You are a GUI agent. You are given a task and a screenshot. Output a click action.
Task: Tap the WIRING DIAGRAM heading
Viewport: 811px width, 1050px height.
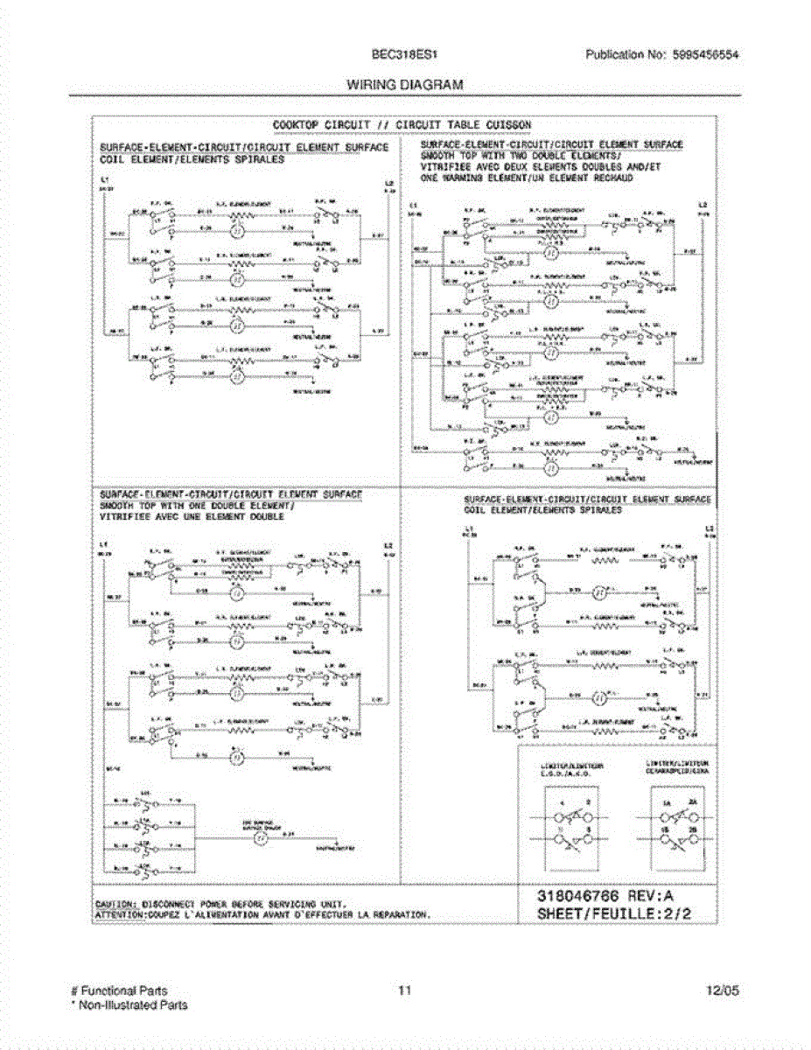404,85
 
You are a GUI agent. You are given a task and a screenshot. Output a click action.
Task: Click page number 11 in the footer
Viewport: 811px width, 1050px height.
404,990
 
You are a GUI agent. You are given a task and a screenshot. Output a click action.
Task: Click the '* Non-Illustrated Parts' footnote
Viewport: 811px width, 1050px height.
129,1005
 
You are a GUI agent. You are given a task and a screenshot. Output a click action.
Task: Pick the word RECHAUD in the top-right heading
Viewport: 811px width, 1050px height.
608,178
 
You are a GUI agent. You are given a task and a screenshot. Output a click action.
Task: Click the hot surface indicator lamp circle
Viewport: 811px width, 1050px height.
259,839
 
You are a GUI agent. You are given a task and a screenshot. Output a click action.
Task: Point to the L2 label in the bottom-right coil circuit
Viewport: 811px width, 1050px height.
710,529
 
